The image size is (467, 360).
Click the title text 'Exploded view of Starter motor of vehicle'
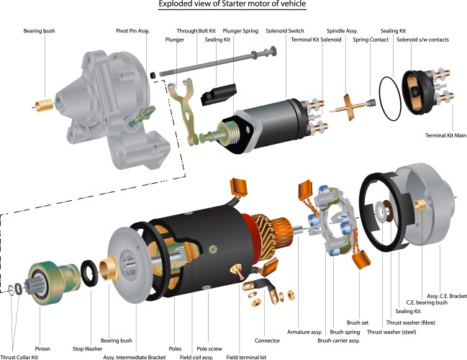pyautogui.click(x=232, y=6)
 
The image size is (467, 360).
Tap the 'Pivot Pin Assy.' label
pyautogui.click(x=133, y=32)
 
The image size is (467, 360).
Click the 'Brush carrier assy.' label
pyautogui.click(x=335, y=340)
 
